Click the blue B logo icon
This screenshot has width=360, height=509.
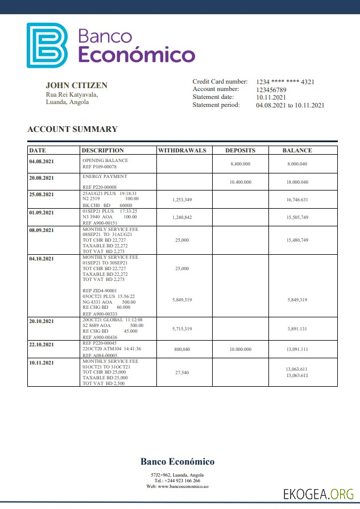(47, 45)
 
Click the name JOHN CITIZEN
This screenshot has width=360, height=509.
(76, 85)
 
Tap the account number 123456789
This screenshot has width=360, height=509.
(271, 90)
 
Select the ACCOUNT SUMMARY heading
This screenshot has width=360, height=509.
(72, 129)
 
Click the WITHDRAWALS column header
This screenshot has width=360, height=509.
(181, 151)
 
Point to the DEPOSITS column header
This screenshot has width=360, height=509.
(240, 151)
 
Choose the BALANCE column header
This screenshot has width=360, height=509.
(297, 151)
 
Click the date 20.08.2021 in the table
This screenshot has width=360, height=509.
(42, 177)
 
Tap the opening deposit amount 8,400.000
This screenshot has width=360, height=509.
(240, 164)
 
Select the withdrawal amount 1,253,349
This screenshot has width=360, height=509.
(181, 200)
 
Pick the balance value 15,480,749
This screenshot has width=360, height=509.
(297, 240)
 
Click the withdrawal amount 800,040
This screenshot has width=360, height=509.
(181, 349)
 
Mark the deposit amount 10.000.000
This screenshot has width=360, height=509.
(240, 349)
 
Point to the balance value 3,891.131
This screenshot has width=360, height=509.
(297, 329)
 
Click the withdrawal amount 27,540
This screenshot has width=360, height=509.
(181, 372)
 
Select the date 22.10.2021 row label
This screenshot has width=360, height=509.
(42, 345)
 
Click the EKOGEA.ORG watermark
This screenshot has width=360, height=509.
(318, 493)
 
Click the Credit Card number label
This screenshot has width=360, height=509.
(220, 82)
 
